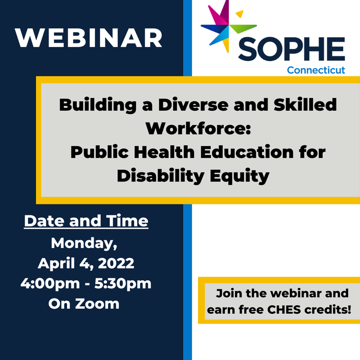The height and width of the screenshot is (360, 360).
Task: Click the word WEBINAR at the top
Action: click(x=89, y=38)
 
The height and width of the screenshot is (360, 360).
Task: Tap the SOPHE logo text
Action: click(x=292, y=49)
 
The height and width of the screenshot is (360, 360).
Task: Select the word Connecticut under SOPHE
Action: click(x=316, y=70)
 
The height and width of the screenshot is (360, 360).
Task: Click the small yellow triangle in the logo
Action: click(x=240, y=14)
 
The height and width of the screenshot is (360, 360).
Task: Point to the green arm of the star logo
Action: click(x=243, y=28)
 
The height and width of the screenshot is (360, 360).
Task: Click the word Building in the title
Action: click(x=98, y=105)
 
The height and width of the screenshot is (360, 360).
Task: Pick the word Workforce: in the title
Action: click(x=198, y=128)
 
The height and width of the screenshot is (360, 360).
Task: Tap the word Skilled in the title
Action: click(x=305, y=104)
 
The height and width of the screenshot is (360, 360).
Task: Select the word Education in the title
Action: click(x=247, y=152)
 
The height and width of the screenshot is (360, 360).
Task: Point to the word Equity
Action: click(x=240, y=176)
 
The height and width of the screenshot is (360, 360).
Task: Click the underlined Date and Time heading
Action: click(x=86, y=221)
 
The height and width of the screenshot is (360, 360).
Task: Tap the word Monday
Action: click(x=84, y=243)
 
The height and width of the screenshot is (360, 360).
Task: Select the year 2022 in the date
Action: click(x=116, y=263)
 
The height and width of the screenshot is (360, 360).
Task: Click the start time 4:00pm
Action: click(x=50, y=284)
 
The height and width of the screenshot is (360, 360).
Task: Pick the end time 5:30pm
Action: click(x=123, y=284)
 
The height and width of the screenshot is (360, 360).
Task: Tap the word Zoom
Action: click(x=97, y=304)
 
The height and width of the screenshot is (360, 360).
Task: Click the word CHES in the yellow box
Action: click(x=284, y=310)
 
